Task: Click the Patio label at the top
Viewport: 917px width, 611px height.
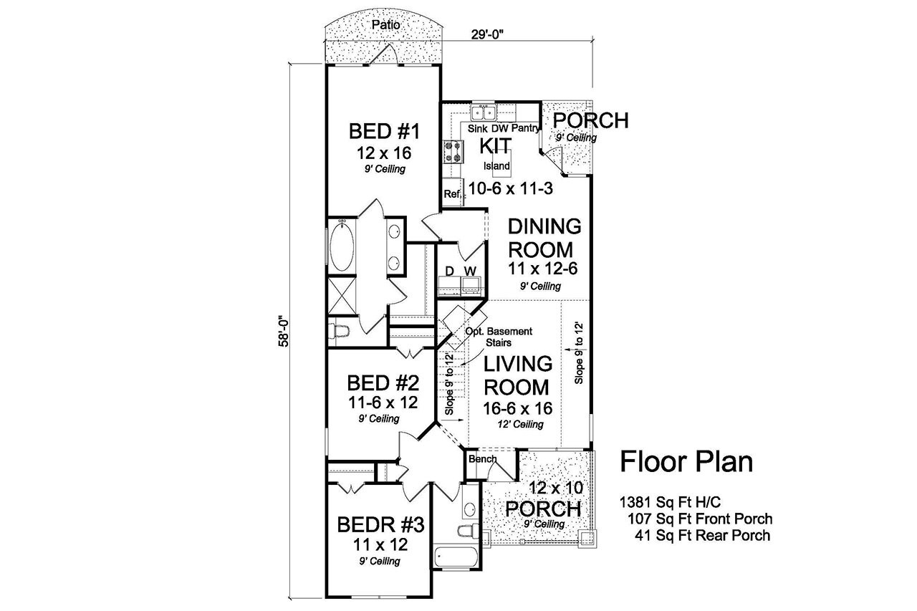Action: [x=386, y=25]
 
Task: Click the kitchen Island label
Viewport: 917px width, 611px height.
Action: [x=496, y=166]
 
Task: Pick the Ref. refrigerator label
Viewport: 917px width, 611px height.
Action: [x=451, y=193]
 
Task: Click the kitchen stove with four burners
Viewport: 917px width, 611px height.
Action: [x=453, y=151]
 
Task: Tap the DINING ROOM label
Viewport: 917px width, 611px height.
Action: [x=544, y=238]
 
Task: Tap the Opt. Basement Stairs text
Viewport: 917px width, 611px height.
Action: [x=499, y=337]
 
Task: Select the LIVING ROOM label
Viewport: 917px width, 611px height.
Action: [x=518, y=375]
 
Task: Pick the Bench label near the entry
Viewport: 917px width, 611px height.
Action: [x=482, y=458]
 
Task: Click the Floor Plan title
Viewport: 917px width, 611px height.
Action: [x=686, y=462]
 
